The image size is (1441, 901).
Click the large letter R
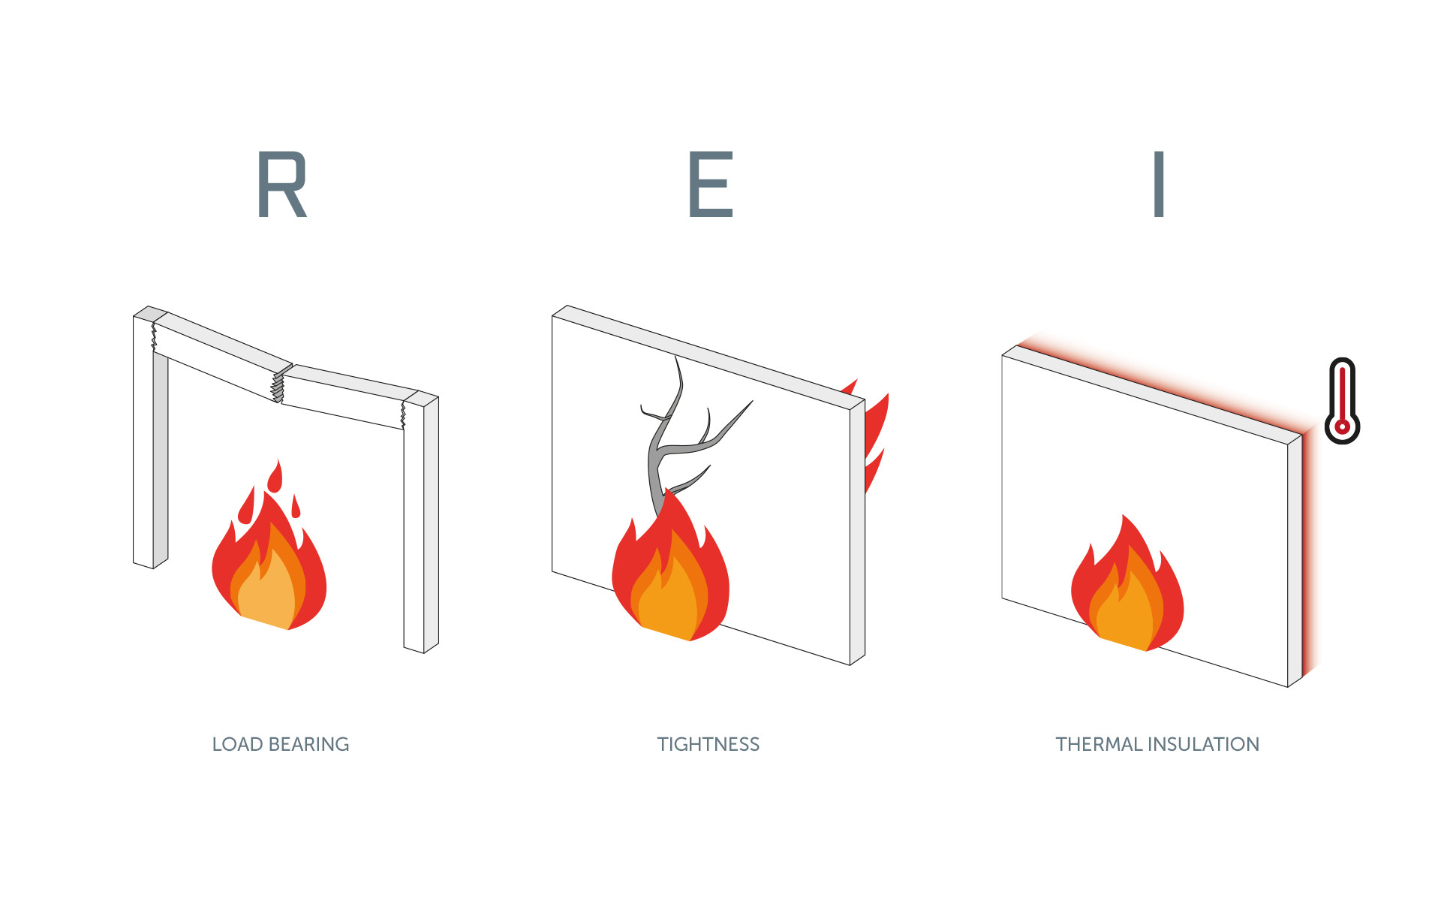pos(281,185)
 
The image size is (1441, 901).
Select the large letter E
pos(710,185)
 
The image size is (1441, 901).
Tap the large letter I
pos(1159,185)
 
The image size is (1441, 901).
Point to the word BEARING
pos(308,744)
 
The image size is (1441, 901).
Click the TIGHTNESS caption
pos(708,744)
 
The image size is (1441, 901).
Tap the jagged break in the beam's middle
pos(278,385)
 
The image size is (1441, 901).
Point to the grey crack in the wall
pos(664,443)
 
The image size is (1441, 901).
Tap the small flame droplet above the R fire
pos(275,476)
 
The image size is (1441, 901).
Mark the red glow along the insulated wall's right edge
pos(1310,556)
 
